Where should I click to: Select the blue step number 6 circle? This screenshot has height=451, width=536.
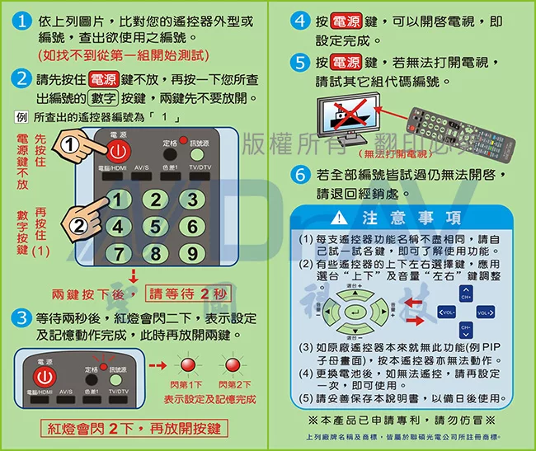click(x=300, y=176)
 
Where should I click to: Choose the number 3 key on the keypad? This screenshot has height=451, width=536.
click(x=190, y=200)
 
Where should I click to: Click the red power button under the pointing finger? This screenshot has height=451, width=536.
click(x=118, y=152)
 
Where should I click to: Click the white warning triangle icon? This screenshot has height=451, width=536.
click(x=341, y=218)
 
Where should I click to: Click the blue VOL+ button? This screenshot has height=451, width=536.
click(x=485, y=313)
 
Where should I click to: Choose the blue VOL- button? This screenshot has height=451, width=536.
click(x=445, y=313)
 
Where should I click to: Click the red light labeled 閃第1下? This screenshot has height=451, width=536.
click(x=186, y=365)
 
